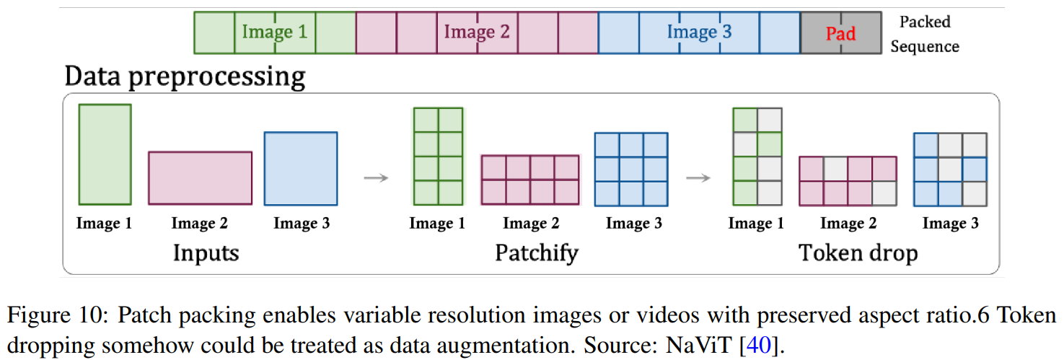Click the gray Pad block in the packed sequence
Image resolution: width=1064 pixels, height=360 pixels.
pyautogui.click(x=840, y=33)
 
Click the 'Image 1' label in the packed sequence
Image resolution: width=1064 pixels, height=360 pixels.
pyautogui.click(x=274, y=32)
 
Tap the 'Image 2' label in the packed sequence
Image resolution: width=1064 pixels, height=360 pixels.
pyautogui.click(x=477, y=32)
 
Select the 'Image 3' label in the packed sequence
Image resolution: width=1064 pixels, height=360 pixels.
pyautogui.click(x=699, y=32)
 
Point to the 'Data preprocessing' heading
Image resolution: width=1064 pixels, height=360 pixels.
pyautogui.click(x=185, y=76)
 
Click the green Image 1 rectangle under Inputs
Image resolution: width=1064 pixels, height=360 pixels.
pyautogui.click(x=105, y=154)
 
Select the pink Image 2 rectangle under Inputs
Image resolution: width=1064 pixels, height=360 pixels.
pyautogui.click(x=200, y=178)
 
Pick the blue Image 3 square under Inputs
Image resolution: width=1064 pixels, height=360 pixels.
pyautogui.click(x=301, y=169)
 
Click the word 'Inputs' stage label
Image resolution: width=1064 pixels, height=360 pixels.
pyautogui.click(x=206, y=253)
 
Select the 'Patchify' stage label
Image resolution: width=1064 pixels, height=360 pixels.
pyautogui.click(x=537, y=253)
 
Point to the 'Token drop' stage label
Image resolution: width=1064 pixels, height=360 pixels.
pyautogui.click(x=858, y=253)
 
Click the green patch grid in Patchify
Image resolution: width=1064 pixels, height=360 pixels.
pyautogui.click(x=438, y=157)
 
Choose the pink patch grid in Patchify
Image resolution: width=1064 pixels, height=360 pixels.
pyautogui.click(x=530, y=180)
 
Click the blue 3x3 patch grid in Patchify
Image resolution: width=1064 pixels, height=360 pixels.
pyautogui.click(x=631, y=169)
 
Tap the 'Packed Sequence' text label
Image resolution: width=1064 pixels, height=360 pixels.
pyautogui.click(x=924, y=34)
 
